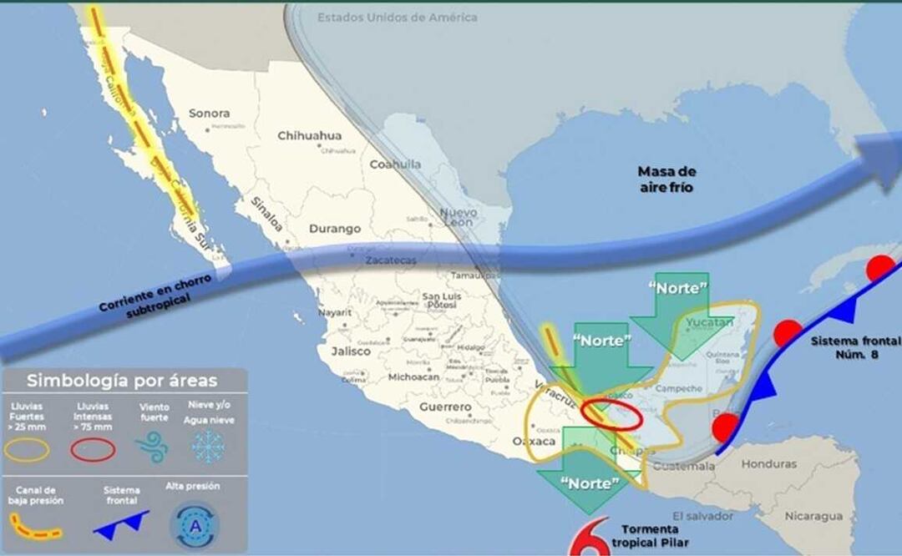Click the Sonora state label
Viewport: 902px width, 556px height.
pyautogui.click(x=209, y=113)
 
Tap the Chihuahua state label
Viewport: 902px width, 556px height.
pyautogui.click(x=309, y=135)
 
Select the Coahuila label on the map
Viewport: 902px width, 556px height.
pyautogui.click(x=395, y=164)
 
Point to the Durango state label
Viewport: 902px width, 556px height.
pyautogui.click(x=335, y=228)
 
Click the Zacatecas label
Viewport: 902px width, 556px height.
pyautogui.click(x=390, y=260)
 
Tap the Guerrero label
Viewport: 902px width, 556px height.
pyautogui.click(x=444, y=407)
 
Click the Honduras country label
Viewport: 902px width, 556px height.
pyautogui.click(x=768, y=464)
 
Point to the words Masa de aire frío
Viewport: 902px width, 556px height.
pyautogui.click(x=666, y=179)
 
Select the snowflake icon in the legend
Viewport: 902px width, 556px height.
pyautogui.click(x=207, y=447)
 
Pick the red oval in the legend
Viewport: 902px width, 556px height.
pyautogui.click(x=92, y=449)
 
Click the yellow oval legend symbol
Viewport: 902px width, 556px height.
pyautogui.click(x=29, y=449)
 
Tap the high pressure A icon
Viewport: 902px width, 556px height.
pyautogui.click(x=195, y=525)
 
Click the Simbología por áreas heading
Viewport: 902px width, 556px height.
pyautogui.click(x=122, y=382)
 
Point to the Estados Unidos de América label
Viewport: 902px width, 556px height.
pyautogui.click(x=398, y=18)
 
